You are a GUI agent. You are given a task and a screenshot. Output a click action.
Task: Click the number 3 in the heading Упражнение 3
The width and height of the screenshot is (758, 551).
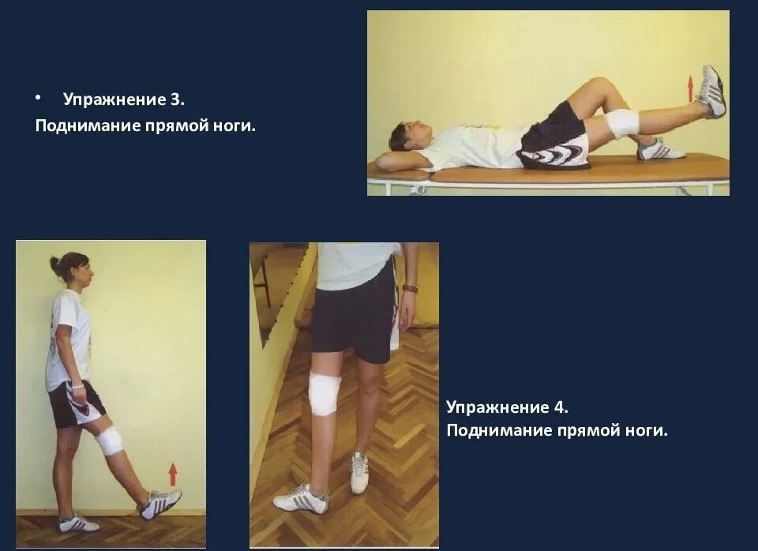tap(176, 99)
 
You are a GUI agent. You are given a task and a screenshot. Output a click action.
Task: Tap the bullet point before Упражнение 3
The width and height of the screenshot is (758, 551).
tap(38, 98)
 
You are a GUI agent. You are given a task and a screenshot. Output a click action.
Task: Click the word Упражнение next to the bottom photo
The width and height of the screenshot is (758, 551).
tap(497, 407)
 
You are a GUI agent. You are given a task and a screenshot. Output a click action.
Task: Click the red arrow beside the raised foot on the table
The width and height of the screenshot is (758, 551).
tap(691, 88)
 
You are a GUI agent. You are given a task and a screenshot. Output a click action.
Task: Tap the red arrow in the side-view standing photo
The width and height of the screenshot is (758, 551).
tap(173, 474)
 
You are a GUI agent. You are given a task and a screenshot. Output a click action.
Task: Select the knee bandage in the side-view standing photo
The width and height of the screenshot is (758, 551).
tap(109, 441)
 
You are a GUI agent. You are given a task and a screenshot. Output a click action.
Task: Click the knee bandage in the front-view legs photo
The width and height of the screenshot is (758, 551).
tap(325, 395)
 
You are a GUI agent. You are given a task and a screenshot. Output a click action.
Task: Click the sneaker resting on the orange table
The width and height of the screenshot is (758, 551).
tap(660, 149)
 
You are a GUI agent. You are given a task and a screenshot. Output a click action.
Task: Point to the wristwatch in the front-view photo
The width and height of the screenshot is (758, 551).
tap(410, 289)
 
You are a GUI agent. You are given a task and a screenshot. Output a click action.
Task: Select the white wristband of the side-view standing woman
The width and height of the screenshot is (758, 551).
tap(78, 386)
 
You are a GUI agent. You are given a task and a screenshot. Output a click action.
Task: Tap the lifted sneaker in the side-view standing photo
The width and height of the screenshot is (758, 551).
tap(160, 504)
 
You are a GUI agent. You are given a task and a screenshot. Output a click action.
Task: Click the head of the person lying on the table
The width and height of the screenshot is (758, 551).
tap(406, 137)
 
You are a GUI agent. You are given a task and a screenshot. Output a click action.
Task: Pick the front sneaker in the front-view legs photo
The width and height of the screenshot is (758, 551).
tap(301, 499)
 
